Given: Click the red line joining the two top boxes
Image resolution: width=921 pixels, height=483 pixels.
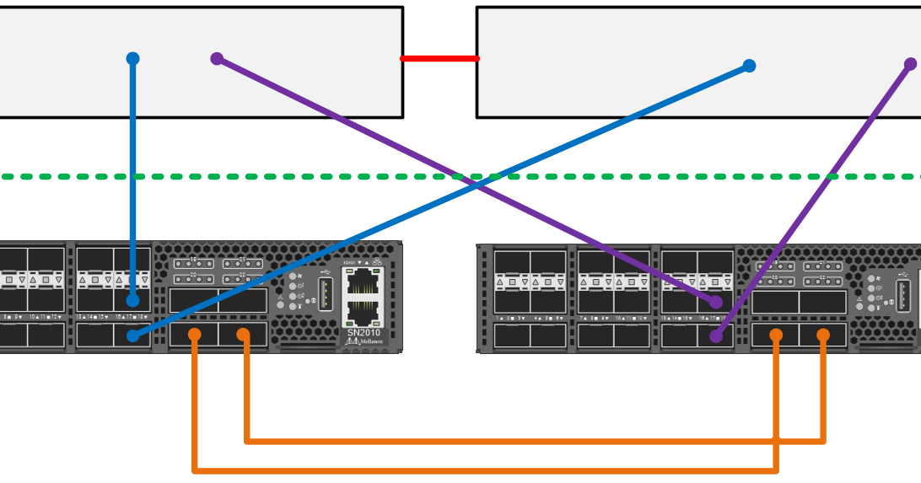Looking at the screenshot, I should point(439,58).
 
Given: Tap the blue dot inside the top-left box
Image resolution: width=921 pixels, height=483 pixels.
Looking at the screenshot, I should point(132,59).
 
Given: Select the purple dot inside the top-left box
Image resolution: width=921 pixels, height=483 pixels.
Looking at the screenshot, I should point(217,59).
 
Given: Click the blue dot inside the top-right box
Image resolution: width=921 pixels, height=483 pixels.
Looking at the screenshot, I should point(749,66).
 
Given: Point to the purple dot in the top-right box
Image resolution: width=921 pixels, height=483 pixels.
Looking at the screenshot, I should point(910,64).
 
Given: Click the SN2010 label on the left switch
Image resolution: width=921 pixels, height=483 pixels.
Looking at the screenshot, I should point(363,332).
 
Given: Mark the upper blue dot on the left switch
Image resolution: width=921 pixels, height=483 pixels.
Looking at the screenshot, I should point(132,300).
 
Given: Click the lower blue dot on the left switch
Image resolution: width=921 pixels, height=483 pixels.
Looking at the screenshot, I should point(132,335).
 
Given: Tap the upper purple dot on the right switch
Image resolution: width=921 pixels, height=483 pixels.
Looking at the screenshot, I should point(716,301).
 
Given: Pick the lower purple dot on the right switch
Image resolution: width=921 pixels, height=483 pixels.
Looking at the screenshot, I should point(716,336).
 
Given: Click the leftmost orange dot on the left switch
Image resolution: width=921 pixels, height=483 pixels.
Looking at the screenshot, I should point(195,335).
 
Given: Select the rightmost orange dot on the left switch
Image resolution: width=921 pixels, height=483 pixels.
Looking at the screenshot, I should point(244,335).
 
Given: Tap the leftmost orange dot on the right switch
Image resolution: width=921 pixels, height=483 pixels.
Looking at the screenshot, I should point(776,335).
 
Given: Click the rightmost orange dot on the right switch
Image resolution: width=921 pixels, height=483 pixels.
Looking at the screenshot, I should point(823,335).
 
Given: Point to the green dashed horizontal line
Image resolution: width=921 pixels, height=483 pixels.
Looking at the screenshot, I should point(253,177).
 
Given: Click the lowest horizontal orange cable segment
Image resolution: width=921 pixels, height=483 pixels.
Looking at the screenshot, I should point(485,470).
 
